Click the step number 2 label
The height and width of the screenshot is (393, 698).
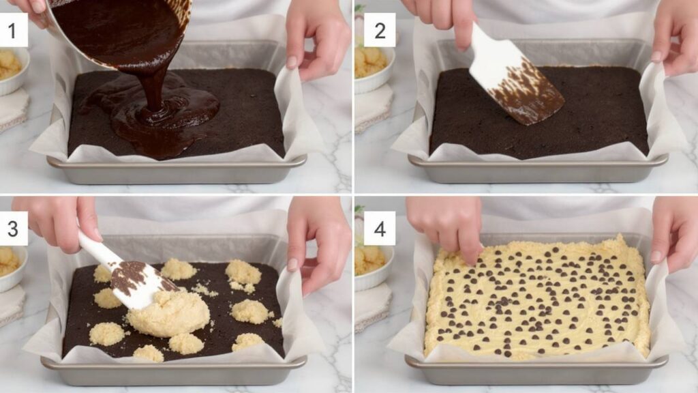click(379, 31)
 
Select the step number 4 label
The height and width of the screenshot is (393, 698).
click(379, 229)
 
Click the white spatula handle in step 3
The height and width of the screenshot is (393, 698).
click(95, 247)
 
